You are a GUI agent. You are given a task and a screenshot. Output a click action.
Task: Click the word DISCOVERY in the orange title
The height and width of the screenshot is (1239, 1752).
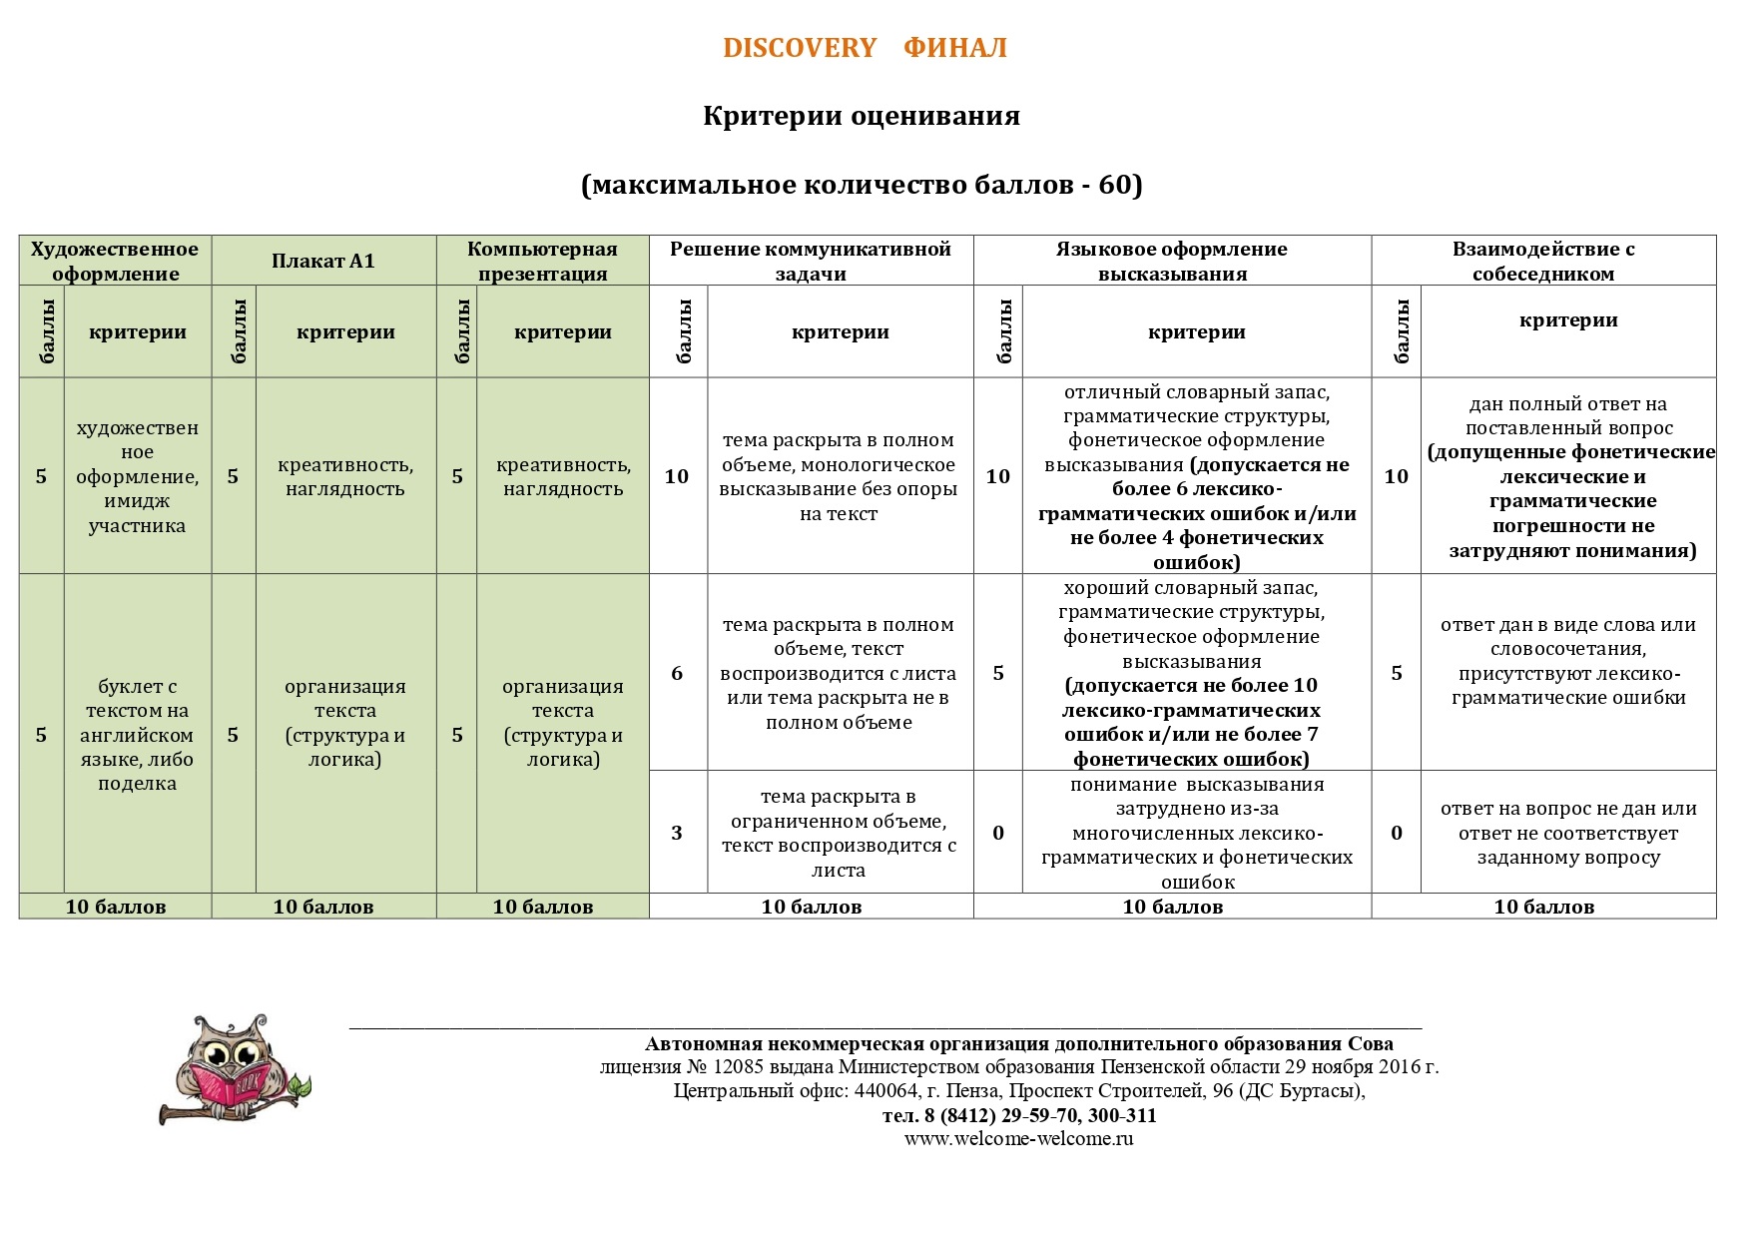pyautogui.click(x=799, y=48)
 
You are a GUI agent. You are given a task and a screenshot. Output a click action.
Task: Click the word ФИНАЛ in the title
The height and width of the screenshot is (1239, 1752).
pyautogui.click(x=954, y=48)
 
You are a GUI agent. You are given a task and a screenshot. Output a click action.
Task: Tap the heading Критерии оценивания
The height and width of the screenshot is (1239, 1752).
pyautogui.click(x=861, y=116)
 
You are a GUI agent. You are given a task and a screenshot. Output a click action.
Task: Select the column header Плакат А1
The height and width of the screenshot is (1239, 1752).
pyautogui.click(x=322, y=261)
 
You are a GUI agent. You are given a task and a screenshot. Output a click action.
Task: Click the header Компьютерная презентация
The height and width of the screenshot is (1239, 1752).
pyautogui.click(x=542, y=261)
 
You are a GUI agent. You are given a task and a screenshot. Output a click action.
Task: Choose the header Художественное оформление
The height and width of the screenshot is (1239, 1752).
pyautogui.click(x=115, y=261)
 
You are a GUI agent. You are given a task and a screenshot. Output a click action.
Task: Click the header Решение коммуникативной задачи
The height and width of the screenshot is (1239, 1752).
pyautogui.click(x=810, y=261)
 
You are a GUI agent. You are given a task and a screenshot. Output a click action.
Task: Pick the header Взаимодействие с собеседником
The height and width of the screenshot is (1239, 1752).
pyautogui.click(x=1542, y=261)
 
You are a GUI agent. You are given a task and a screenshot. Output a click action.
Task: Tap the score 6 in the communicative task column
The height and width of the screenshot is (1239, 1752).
pyautogui.click(x=677, y=673)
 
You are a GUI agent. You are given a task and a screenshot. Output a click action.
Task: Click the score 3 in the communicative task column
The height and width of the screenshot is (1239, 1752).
pyautogui.click(x=677, y=833)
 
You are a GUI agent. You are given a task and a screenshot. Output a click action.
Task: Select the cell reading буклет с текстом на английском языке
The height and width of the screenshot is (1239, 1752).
pyautogui.click(x=137, y=735)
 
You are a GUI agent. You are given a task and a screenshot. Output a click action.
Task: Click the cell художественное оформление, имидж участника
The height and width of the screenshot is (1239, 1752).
pyautogui.click(x=137, y=476)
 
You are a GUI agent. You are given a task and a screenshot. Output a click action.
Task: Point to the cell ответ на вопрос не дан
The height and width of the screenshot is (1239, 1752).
pyautogui.click(x=1567, y=833)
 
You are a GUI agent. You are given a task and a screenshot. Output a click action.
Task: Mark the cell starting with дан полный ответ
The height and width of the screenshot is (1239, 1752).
pyautogui.click(x=1567, y=476)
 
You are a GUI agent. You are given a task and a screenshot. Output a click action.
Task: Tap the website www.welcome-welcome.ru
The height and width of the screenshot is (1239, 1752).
pyautogui.click(x=1018, y=1139)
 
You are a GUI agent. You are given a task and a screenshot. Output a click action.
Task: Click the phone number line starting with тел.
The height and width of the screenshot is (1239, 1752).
pyautogui.click(x=1018, y=1115)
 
